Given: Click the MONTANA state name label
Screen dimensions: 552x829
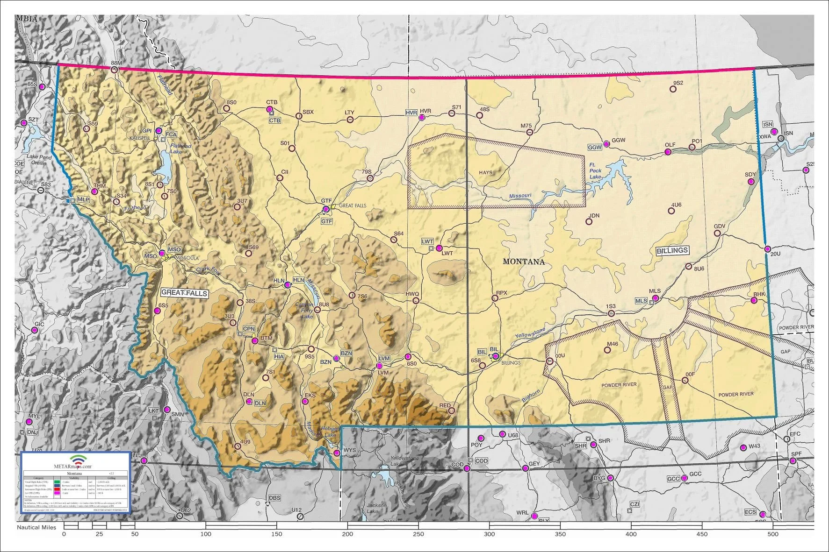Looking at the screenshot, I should (524, 262).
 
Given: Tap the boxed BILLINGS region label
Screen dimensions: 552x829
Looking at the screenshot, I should (672, 251).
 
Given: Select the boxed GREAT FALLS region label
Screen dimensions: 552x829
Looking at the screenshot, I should (184, 293).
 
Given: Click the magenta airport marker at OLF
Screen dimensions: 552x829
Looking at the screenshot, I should (668, 152).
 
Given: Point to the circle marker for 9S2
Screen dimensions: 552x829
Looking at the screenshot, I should (673, 89).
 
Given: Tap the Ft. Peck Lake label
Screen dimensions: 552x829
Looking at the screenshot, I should (595, 171).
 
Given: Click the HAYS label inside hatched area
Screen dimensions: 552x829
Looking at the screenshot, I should (485, 172).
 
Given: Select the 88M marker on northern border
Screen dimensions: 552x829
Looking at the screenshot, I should (114, 70).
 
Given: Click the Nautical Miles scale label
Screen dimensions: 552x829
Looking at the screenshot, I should (36, 528).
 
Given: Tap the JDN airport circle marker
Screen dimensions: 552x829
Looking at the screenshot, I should (589, 222).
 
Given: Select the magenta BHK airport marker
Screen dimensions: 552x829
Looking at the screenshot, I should (754, 300).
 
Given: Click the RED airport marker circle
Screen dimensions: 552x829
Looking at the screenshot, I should (451, 411).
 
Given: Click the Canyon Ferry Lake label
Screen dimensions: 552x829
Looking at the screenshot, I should (304, 311).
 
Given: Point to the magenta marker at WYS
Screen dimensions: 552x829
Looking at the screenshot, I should (336, 453).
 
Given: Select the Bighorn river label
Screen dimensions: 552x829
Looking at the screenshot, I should (531, 396).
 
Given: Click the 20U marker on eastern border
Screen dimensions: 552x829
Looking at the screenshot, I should (767, 249).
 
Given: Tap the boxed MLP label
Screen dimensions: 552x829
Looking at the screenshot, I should (83, 199).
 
